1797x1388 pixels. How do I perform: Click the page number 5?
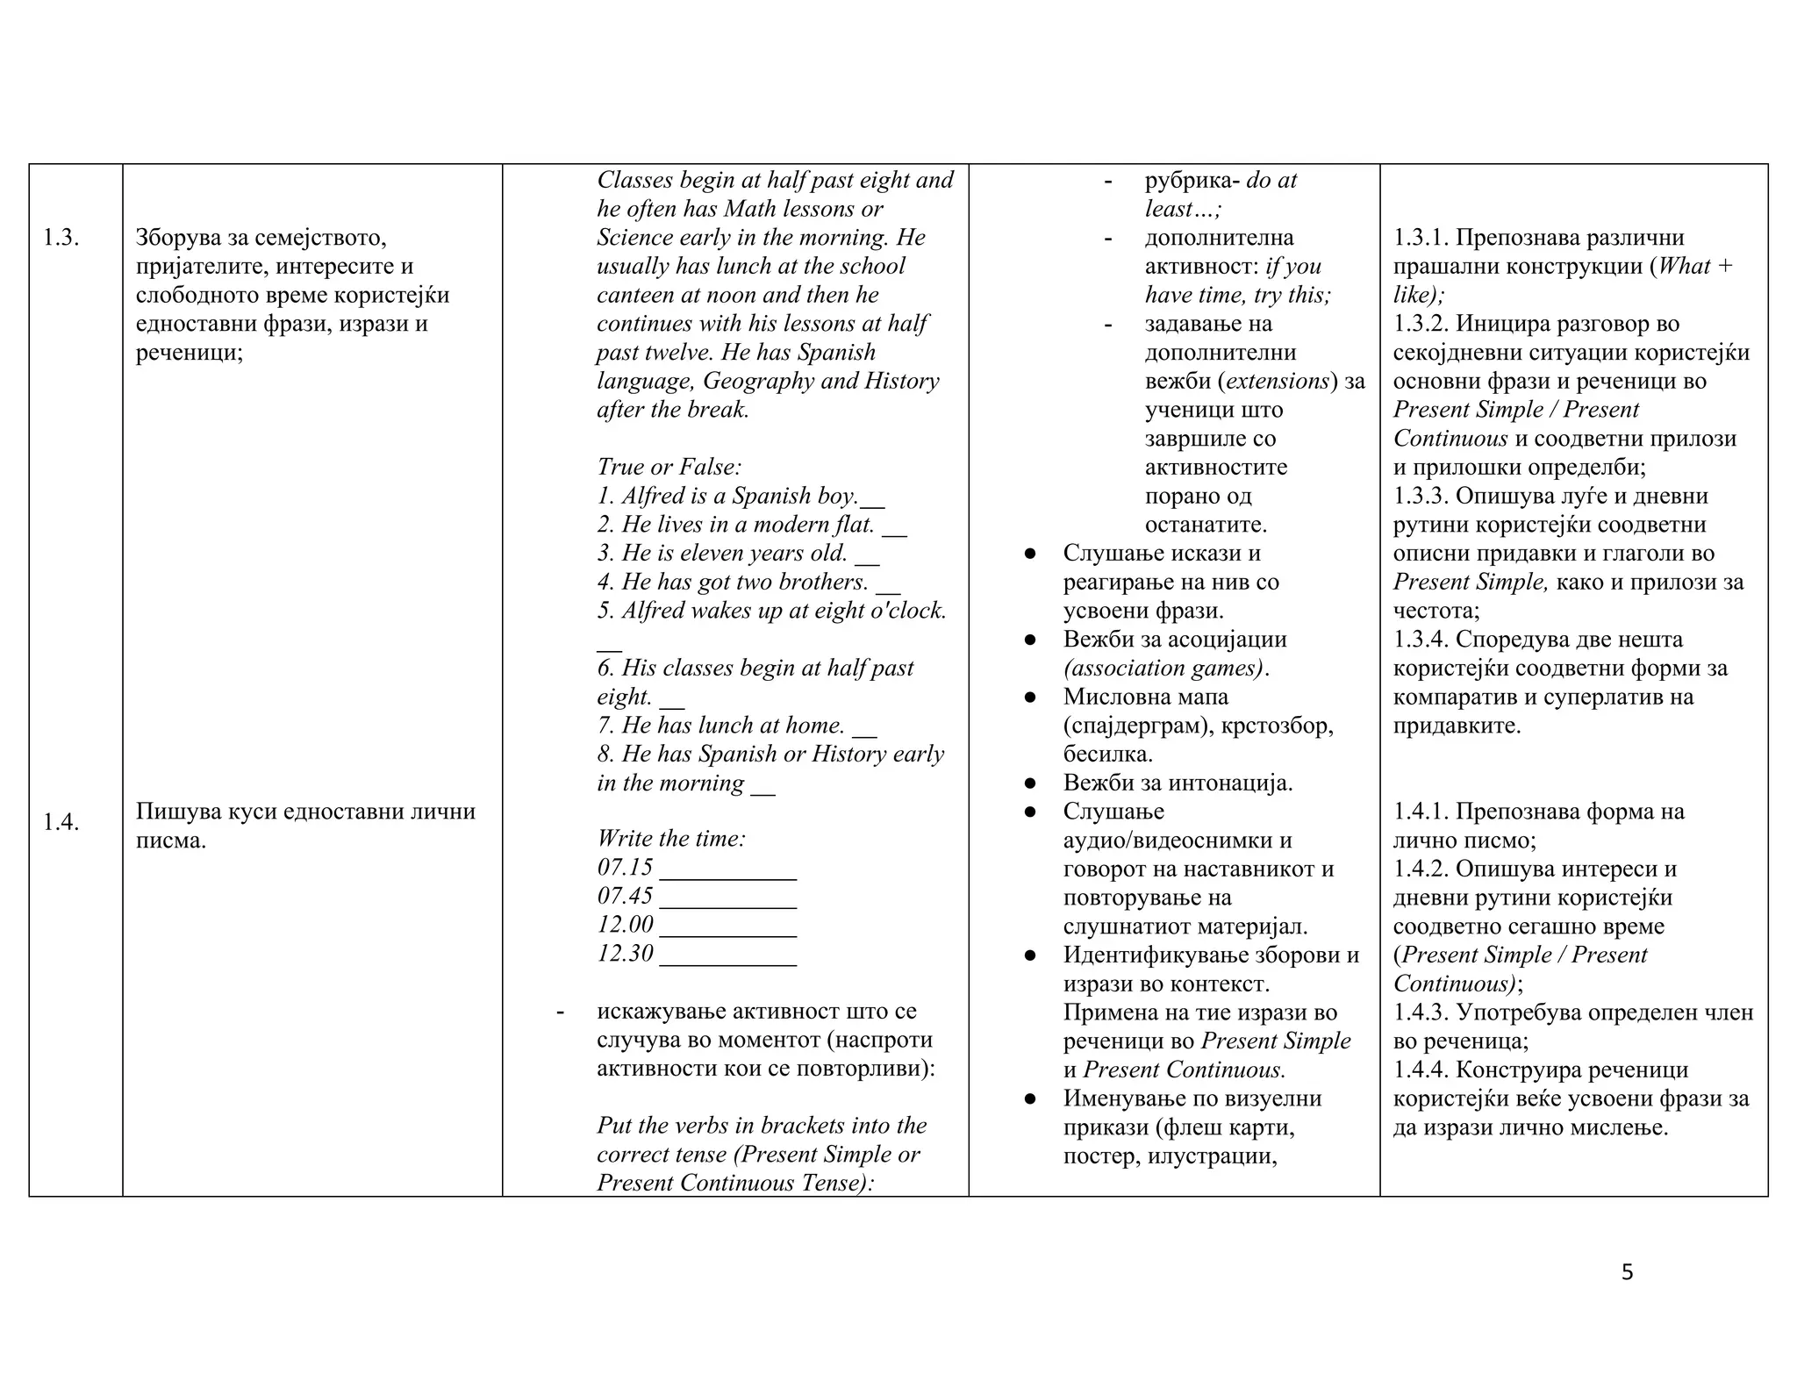[1627, 1273]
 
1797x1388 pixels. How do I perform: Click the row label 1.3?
[61, 238]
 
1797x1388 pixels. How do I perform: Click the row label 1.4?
[61, 823]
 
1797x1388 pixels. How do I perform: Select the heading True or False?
[669, 467]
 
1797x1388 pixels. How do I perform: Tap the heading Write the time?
[671, 839]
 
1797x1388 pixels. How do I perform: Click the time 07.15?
[625, 868]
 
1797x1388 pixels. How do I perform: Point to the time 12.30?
[625, 954]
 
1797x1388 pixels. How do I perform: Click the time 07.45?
[625, 896]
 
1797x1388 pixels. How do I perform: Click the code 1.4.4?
[1421, 1070]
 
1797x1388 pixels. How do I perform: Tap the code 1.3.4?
[1421, 640]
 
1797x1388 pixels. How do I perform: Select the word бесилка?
[1107, 755]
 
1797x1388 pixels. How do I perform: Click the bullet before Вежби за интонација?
[1031, 783]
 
